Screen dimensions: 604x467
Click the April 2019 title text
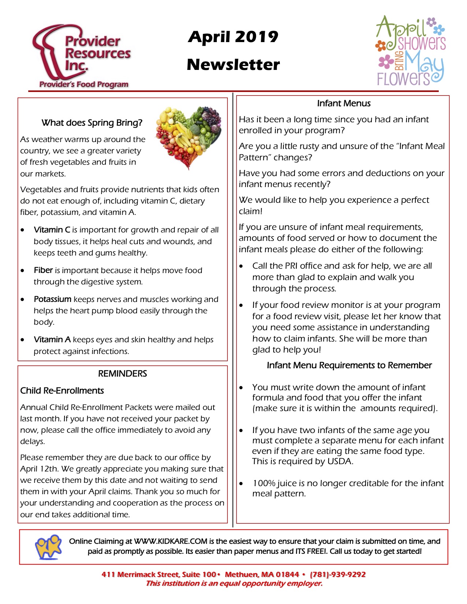point(233,37)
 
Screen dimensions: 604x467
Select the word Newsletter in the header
point(233,65)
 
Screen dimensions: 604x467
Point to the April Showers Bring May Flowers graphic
point(410,51)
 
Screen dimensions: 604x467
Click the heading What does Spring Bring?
point(92,123)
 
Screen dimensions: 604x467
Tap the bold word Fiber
point(43,270)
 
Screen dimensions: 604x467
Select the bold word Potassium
point(52,299)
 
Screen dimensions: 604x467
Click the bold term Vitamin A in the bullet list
point(52,340)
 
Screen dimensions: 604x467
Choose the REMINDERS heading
point(122,373)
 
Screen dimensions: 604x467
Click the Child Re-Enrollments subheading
point(62,391)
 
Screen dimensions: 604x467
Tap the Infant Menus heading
point(344,104)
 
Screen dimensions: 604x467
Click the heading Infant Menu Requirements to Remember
point(349,365)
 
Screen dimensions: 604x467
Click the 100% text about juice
point(263,483)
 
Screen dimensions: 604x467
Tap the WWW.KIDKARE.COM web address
point(171,541)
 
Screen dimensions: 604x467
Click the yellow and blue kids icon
point(48,547)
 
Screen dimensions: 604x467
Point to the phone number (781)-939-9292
point(338,574)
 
